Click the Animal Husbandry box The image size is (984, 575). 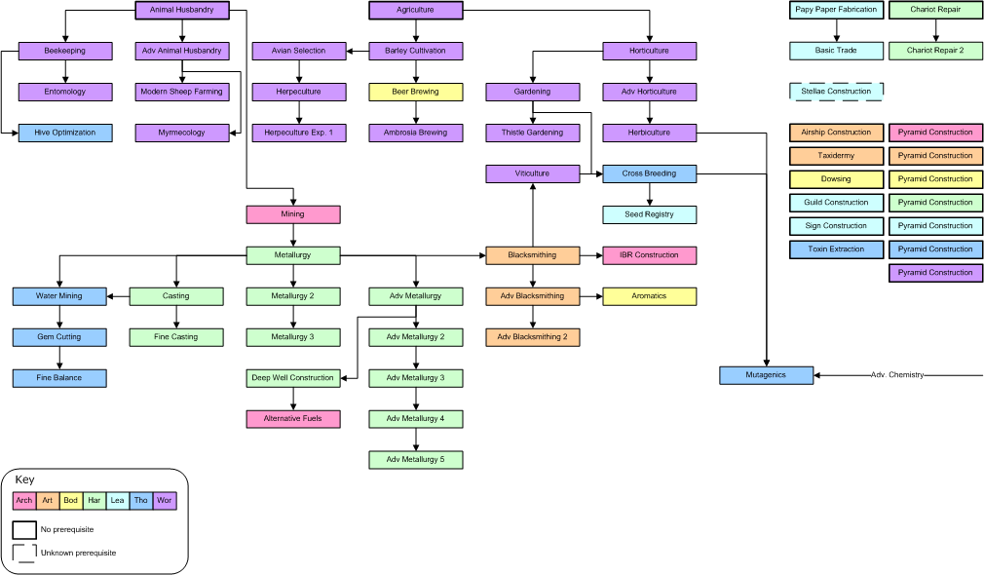point(182,10)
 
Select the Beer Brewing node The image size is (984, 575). point(415,92)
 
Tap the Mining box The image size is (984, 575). point(293,214)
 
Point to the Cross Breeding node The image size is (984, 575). point(650,173)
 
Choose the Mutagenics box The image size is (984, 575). point(766,375)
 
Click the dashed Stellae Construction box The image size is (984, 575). point(837,92)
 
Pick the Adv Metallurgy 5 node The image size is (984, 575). point(415,460)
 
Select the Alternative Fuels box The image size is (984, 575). point(293,419)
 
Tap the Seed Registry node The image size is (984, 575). point(650,214)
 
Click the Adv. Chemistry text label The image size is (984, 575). point(897,375)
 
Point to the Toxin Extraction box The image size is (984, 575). point(837,249)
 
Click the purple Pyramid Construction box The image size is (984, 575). point(935,273)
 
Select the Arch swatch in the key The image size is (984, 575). point(23,501)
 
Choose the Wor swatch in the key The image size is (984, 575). point(165,501)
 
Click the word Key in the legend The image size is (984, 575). point(24,479)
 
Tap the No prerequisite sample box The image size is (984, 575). point(24,530)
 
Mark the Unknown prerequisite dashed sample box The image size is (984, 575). point(24,553)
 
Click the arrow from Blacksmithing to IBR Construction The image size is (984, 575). point(591,255)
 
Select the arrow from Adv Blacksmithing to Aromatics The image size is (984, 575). point(591,296)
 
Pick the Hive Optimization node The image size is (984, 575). point(65,134)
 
